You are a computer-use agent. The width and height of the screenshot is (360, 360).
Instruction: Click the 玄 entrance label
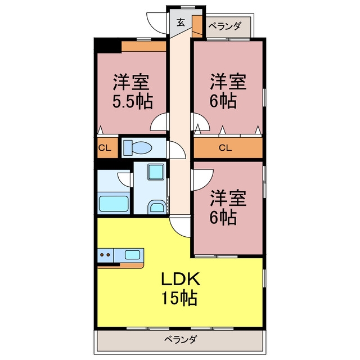(181, 22)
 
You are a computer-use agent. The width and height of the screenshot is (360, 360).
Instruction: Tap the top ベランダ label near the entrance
(225, 26)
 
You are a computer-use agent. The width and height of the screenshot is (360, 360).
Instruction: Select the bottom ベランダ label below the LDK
(181, 339)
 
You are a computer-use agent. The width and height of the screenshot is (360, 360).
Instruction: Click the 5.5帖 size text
(133, 101)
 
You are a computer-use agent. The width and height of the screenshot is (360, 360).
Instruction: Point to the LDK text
(181, 278)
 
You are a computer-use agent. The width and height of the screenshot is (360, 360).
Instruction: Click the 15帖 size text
(180, 298)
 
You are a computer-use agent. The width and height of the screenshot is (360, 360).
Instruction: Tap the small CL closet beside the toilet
(105, 148)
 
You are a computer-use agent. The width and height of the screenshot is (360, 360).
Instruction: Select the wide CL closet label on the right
(226, 148)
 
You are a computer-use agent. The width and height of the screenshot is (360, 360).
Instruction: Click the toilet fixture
(137, 147)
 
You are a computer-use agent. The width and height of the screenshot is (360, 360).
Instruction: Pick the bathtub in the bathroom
(114, 204)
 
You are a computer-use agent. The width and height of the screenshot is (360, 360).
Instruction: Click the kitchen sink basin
(132, 255)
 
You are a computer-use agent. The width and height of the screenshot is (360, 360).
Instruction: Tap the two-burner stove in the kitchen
(105, 255)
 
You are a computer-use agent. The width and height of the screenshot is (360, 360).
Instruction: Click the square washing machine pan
(156, 172)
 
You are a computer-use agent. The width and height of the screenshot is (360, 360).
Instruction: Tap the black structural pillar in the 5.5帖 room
(107, 46)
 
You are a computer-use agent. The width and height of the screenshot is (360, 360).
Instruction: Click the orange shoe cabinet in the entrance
(197, 26)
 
